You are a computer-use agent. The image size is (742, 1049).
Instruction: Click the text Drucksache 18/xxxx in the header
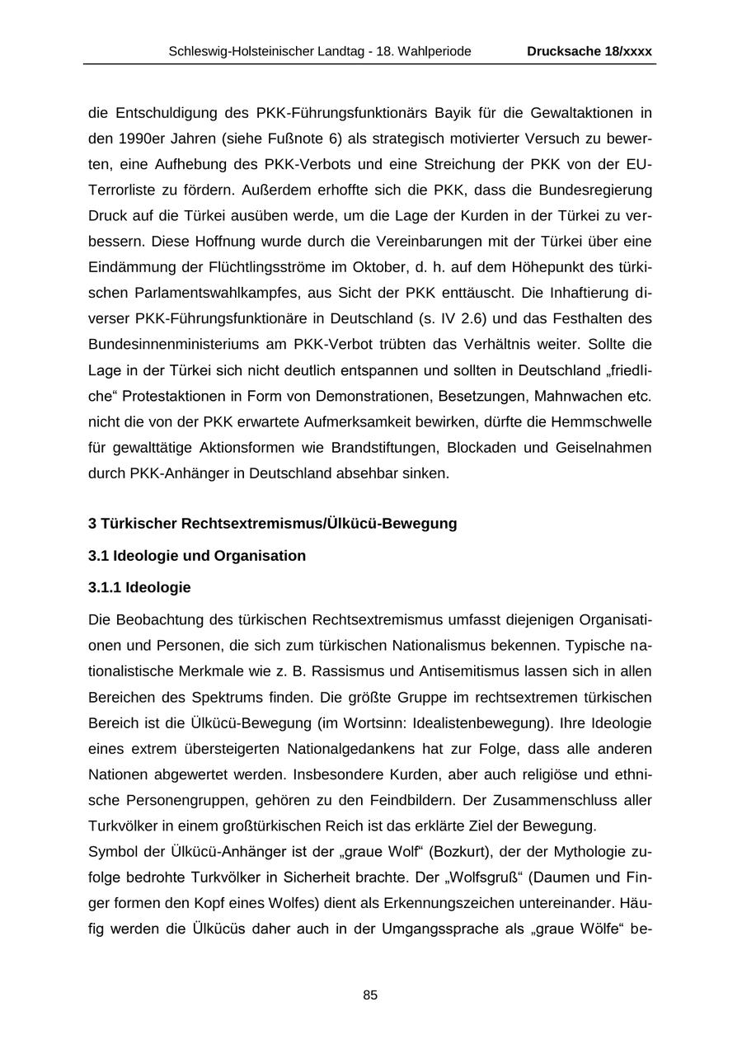[x=589, y=51]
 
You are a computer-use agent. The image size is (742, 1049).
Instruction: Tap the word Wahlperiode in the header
[x=436, y=51]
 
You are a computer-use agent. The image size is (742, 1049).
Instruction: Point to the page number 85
[x=370, y=995]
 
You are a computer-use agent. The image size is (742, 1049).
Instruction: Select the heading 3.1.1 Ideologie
[x=139, y=587]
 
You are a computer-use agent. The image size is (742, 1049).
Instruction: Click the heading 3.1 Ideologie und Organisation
[x=197, y=555]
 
